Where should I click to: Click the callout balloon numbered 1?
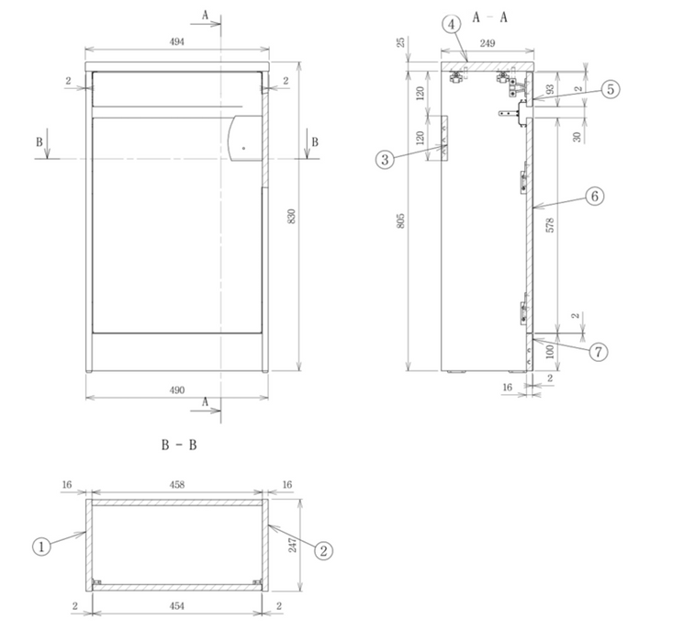41,546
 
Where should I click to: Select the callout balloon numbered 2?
322,550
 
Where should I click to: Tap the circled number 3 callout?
385,159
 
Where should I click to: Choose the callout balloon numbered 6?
595,197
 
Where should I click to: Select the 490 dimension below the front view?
177,389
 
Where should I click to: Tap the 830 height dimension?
292,217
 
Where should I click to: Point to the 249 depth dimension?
487,42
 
